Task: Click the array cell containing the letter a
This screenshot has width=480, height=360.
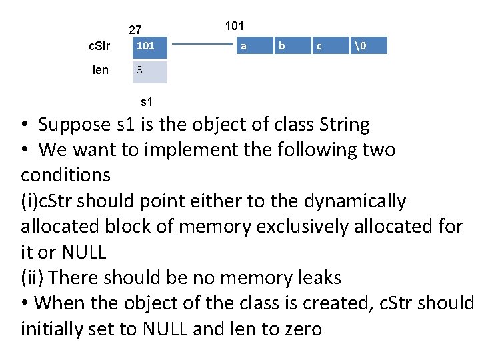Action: pos(244,46)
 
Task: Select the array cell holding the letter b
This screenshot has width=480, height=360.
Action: pos(282,46)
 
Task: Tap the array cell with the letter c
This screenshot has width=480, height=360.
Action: pos(320,46)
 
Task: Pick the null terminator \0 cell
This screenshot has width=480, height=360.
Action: pos(360,46)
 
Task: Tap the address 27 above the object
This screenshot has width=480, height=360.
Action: pos(135,29)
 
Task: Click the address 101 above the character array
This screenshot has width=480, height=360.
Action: pos(235,26)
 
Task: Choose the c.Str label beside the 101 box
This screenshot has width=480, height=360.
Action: pos(99,47)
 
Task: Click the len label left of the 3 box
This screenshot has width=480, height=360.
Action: pos(101,70)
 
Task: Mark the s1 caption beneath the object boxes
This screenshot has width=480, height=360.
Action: pos(147,102)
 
